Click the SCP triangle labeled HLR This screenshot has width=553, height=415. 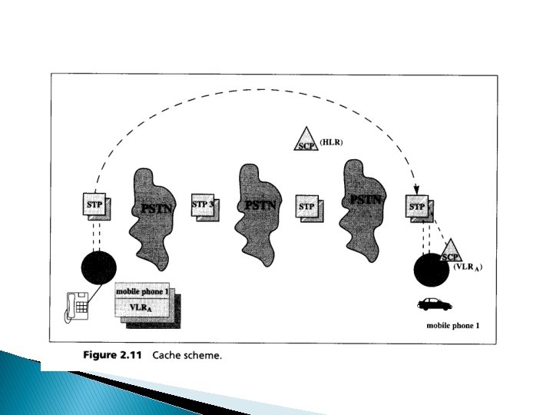coord(307,141)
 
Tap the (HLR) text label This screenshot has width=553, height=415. coord(332,142)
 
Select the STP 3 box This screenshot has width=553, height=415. coord(202,205)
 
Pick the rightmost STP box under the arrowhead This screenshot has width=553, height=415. coord(417,207)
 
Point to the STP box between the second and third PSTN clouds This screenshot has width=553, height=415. coord(307,207)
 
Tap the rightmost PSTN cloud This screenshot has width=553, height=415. coord(364,199)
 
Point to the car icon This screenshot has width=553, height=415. coord(435,304)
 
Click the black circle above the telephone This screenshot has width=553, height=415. coord(99,267)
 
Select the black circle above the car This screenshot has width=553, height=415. coord(428,270)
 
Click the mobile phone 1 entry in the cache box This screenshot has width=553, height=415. coord(143,292)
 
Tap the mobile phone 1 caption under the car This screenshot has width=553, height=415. coord(453,326)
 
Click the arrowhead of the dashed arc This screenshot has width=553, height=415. coord(416,191)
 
